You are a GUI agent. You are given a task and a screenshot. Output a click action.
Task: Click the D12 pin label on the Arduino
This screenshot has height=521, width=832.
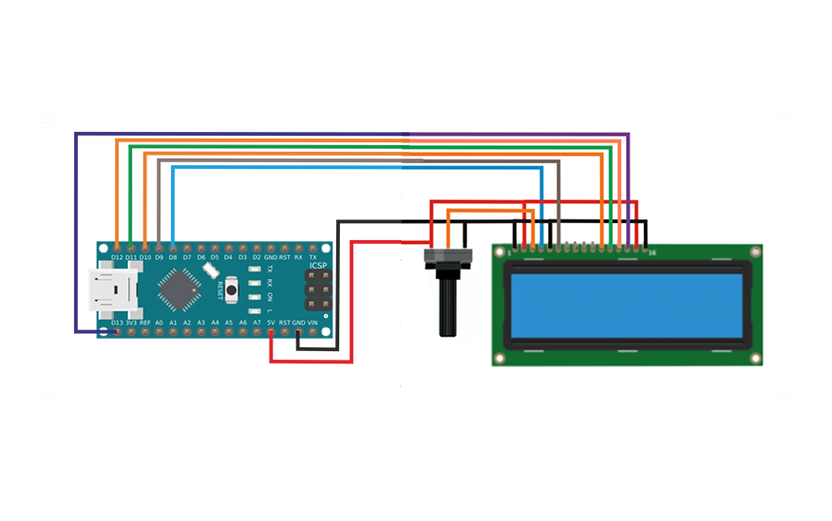(117, 256)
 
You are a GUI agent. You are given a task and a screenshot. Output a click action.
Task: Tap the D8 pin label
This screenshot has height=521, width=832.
(173, 256)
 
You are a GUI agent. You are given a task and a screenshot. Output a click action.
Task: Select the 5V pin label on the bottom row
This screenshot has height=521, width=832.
(271, 323)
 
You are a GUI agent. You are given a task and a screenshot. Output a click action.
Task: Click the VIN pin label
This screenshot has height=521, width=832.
(313, 323)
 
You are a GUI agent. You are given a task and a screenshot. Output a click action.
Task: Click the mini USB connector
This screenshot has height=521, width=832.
(112, 290)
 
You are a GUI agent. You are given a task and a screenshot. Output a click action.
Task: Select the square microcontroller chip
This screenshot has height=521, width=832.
(180, 288)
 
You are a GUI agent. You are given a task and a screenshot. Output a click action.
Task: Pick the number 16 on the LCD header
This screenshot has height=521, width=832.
(652, 253)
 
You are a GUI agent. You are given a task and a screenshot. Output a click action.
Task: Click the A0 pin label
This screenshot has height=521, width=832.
(160, 323)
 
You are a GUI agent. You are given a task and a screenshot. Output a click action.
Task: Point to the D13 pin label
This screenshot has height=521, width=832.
(117, 323)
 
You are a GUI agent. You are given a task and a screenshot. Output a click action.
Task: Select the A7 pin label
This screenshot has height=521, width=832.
(257, 323)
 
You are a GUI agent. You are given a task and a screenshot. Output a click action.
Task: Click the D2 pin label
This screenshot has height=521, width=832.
(256, 256)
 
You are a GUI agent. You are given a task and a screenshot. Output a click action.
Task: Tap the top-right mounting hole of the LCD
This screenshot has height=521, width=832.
(754, 252)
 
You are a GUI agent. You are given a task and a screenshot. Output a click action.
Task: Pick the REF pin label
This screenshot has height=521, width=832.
(145, 323)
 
